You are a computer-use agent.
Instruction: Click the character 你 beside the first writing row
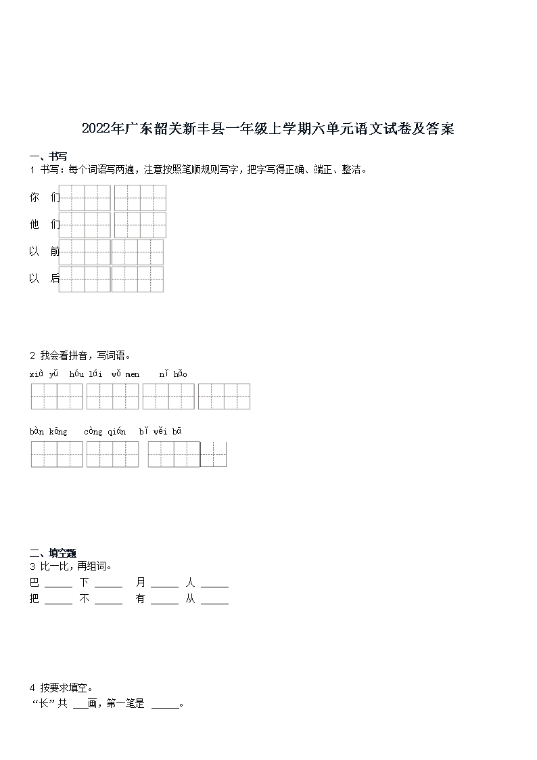pos(34,198)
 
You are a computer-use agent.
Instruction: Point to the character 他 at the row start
pos(34,225)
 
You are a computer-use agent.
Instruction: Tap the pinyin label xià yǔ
pos(45,374)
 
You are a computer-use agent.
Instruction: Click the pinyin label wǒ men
pos(126,374)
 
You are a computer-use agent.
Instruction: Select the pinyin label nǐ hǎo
pos(173,374)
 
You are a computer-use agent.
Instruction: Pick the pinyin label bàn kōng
pos(48,431)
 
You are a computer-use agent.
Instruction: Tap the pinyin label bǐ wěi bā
pos(160,431)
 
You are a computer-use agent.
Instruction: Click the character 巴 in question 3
pos(34,582)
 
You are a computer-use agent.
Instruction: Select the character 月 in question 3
pos(141,582)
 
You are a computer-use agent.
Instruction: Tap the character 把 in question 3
pos(34,599)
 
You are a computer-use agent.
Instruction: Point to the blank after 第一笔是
pos(165,706)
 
